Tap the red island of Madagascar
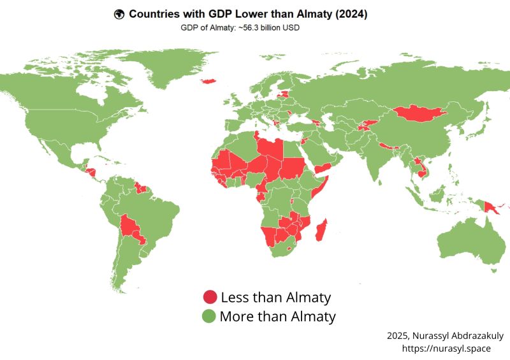coord(323,230)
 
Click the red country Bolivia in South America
coord(132,226)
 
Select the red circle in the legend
coord(210,297)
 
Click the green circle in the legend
coord(210,316)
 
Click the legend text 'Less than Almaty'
coord(275,297)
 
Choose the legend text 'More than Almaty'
coord(277,316)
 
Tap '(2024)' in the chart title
coord(347,14)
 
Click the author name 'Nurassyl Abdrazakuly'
coord(459,335)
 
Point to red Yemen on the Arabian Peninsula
coord(322,167)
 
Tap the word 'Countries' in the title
coord(156,14)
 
